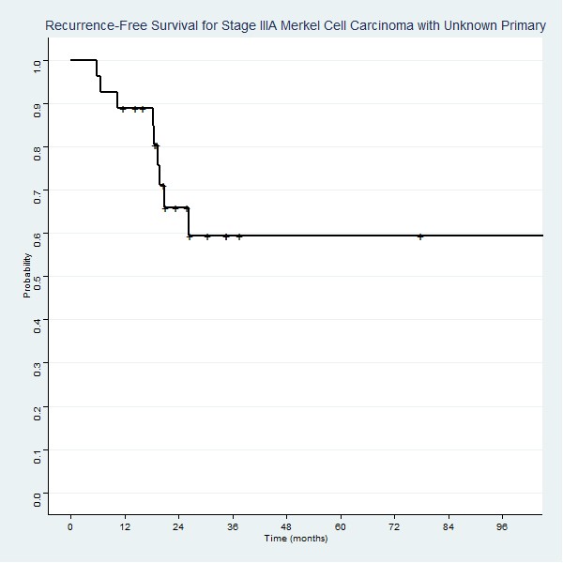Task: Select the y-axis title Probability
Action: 28,276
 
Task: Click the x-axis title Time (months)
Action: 296,539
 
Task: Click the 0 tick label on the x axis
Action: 70,526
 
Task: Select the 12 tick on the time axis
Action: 124,526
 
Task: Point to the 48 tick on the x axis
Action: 286,526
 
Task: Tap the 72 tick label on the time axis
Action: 395,526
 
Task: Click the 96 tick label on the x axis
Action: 503,526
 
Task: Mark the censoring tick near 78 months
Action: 420,236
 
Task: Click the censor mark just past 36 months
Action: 239,236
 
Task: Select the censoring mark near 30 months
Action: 207,236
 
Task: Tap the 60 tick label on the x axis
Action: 341,526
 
